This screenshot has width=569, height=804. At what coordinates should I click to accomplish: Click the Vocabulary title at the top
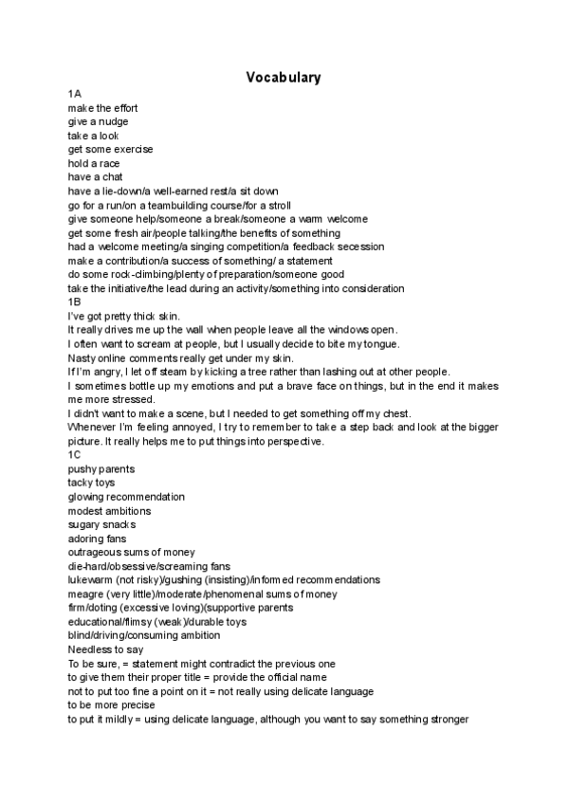[283, 77]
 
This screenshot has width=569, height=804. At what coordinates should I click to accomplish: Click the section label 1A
[75, 95]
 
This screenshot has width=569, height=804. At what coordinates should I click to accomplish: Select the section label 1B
[75, 302]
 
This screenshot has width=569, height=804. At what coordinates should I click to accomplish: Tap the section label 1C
[75, 455]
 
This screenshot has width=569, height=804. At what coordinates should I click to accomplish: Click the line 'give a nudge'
[98, 122]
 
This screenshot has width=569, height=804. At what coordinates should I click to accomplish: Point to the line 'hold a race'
[94, 163]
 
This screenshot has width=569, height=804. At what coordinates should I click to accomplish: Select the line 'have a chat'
[95, 177]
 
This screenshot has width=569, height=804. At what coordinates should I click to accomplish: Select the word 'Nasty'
[83, 357]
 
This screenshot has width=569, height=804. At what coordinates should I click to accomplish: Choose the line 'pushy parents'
[101, 469]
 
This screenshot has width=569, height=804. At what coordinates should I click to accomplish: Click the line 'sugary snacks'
[101, 524]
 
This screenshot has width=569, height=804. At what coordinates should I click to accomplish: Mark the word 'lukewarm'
[90, 579]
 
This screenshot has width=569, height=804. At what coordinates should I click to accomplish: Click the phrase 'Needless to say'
[105, 649]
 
